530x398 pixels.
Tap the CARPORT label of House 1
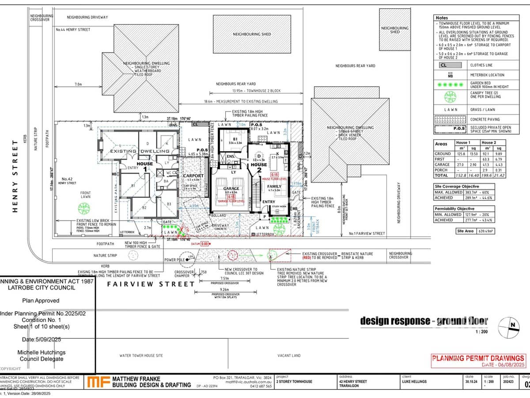tap(193, 176)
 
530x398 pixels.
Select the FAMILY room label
tap(274, 187)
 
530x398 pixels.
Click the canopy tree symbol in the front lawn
tap(83, 207)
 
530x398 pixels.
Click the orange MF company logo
tap(98, 382)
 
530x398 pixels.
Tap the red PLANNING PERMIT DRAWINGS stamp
tap(478, 359)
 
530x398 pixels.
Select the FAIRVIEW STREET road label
tap(151, 284)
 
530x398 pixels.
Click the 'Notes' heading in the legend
tap(442, 18)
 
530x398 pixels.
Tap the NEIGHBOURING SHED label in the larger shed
tap(252, 34)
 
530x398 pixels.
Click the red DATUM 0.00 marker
tap(204, 244)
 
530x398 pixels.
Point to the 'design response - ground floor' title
tap(424, 321)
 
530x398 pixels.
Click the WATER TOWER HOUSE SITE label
tap(141, 355)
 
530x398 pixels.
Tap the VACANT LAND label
tap(289, 355)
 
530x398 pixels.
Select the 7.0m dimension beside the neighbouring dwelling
tap(79, 84)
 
